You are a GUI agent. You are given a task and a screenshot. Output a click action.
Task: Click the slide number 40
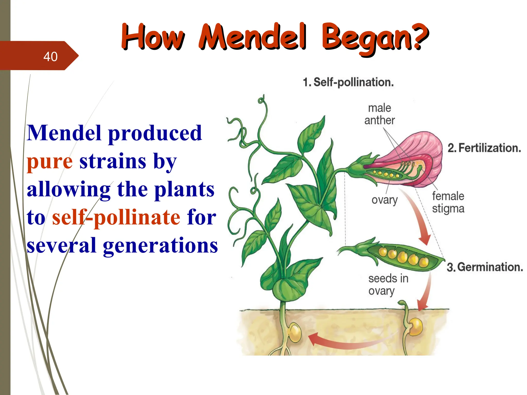[50, 57]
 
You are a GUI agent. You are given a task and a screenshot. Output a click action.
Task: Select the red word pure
[50, 162]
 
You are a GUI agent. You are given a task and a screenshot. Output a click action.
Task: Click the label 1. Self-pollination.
[348, 82]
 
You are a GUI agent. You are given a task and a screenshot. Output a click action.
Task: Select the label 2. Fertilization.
[484, 148]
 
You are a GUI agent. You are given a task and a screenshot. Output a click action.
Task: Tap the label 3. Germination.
[485, 267]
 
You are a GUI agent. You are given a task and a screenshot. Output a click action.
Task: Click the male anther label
[379, 114]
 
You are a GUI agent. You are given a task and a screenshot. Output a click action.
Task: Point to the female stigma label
[448, 202]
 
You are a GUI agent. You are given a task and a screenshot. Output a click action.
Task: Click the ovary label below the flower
[384, 200]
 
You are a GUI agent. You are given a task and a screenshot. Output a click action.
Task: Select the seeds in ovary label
[388, 285]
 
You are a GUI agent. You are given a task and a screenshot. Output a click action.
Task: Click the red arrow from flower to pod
[417, 219]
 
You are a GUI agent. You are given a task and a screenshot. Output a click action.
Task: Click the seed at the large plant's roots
[295, 333]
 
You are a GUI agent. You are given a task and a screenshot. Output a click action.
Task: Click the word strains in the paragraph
[113, 162]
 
